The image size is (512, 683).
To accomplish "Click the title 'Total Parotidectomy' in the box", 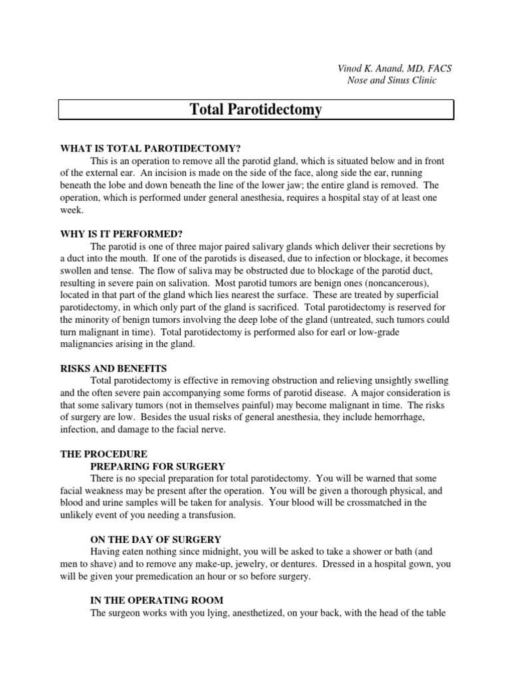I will tap(256, 109).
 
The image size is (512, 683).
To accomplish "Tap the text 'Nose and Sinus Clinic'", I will tap(393, 81).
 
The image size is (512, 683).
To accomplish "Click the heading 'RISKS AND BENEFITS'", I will tap(114, 368).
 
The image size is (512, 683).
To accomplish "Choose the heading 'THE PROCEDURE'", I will tap(103, 454).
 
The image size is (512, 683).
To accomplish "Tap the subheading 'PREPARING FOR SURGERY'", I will tap(157, 466).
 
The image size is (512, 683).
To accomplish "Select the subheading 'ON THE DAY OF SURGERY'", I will tap(156, 539).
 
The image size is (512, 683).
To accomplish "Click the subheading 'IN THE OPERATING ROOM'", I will tap(157, 600).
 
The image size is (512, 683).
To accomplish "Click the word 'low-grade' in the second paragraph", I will tap(412, 331).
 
